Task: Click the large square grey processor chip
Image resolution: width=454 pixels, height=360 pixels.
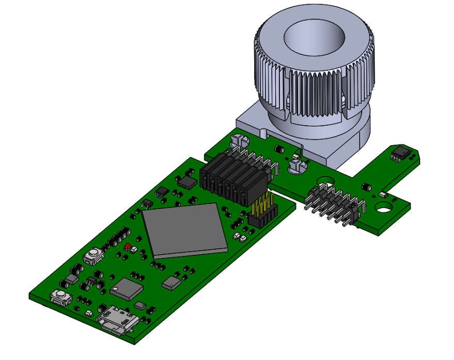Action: pos(184,230)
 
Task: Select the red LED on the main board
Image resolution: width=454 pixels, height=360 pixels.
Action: pos(128,247)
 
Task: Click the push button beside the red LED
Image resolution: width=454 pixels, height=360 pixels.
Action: pos(94,255)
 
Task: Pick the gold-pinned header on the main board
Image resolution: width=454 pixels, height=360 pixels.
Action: pos(263,211)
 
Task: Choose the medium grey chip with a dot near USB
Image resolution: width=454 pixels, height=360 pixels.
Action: pos(127,289)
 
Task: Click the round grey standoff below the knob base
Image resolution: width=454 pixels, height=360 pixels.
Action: pos(298,165)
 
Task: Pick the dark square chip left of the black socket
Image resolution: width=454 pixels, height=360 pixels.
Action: pos(187,182)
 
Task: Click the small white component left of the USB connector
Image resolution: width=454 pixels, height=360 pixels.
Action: pos(89,314)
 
